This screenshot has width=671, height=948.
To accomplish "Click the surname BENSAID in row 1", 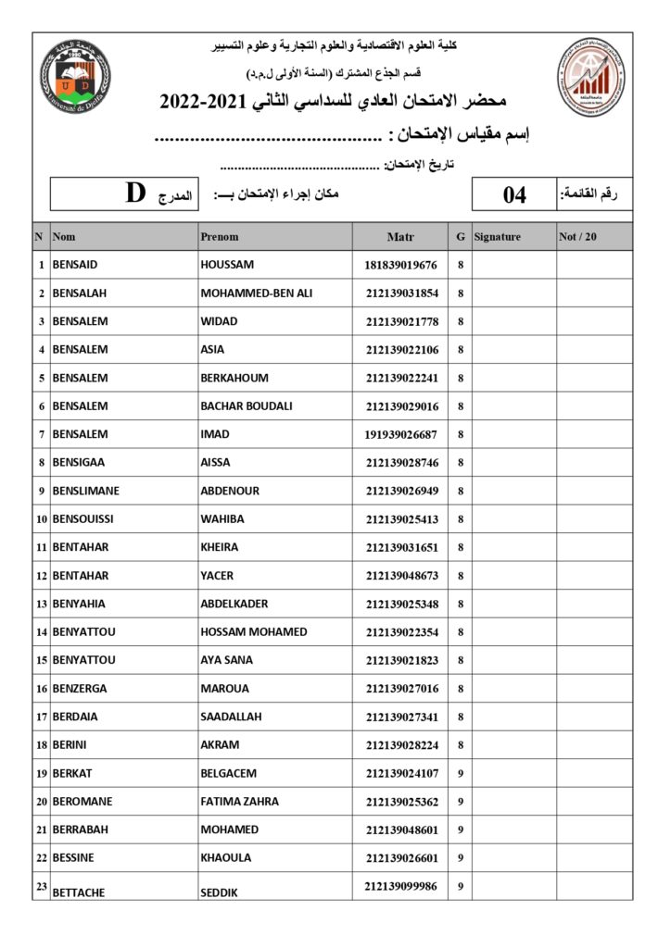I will [x=75, y=265].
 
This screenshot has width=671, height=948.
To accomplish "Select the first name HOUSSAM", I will [x=227, y=265].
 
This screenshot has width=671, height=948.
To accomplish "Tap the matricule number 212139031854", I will [x=401, y=293].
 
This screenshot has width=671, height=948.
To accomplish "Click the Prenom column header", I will [x=220, y=237].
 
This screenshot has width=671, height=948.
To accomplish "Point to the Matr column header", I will [x=400, y=237].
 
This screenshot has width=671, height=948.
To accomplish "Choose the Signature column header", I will [x=497, y=237].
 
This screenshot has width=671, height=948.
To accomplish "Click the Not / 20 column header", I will [x=578, y=237].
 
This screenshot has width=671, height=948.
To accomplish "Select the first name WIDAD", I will [x=219, y=321].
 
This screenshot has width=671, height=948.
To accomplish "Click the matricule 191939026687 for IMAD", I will [x=401, y=434].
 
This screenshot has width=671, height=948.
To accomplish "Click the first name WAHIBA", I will [x=222, y=519].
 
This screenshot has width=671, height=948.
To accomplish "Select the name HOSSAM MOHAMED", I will [x=253, y=632].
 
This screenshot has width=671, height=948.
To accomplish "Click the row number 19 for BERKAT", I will [x=42, y=773].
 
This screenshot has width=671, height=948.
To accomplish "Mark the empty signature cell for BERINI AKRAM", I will [x=513, y=745].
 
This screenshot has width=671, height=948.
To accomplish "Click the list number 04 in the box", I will [x=514, y=194].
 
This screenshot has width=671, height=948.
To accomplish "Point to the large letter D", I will [x=136, y=193].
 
